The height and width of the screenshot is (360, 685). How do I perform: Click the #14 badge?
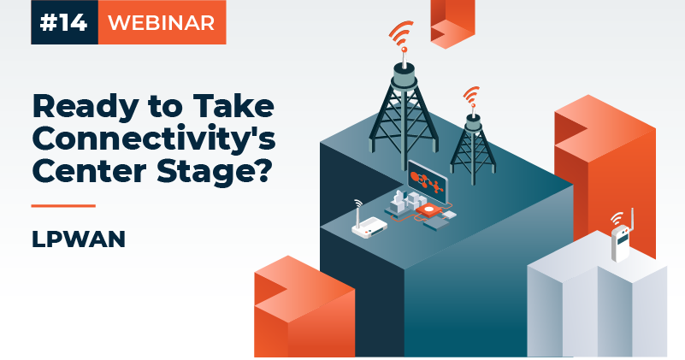click(x=64, y=22)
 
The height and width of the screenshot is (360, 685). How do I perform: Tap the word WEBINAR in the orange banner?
click(x=162, y=23)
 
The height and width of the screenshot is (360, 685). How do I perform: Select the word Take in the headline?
click(x=233, y=106)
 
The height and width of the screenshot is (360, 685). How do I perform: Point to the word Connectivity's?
click(x=154, y=139)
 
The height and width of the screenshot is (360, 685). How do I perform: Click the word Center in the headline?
click(x=89, y=171)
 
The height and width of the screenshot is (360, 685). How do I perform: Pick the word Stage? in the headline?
click(x=212, y=173)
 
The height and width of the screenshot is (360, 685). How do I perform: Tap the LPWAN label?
click(x=79, y=239)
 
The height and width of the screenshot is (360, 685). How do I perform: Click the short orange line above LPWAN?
click(x=63, y=205)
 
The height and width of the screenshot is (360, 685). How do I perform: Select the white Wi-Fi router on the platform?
click(x=369, y=227)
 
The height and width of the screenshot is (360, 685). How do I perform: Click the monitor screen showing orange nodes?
click(x=428, y=184)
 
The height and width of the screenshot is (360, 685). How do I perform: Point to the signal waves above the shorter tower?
click(x=471, y=95)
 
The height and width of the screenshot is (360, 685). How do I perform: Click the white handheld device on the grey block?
click(x=620, y=244)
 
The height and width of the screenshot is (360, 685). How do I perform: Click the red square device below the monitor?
click(x=429, y=210)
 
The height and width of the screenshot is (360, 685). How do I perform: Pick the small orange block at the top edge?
click(x=452, y=23)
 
